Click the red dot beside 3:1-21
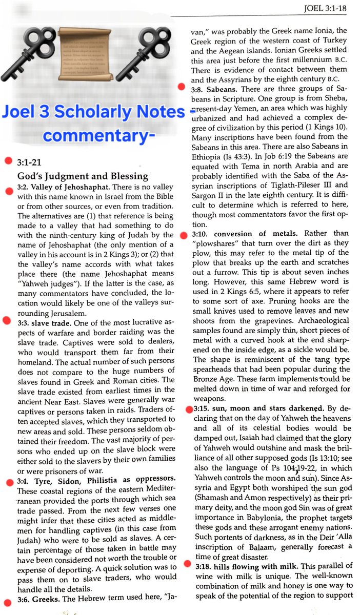[8, 161]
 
